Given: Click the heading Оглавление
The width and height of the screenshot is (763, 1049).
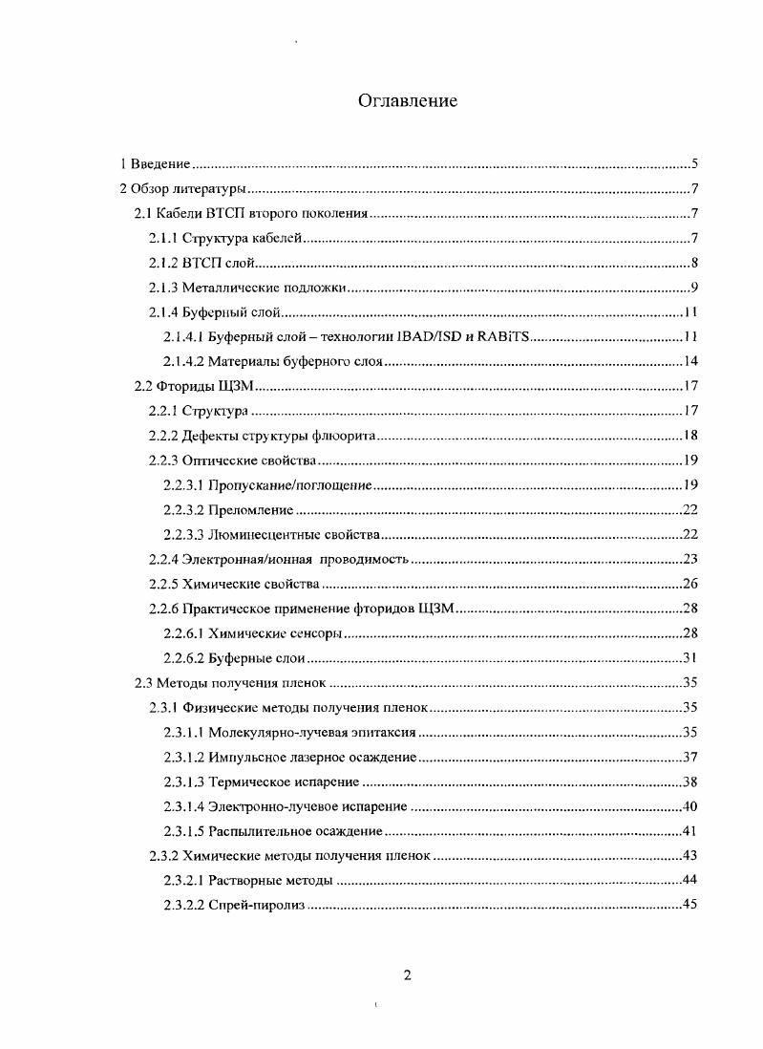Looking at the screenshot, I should point(408,100).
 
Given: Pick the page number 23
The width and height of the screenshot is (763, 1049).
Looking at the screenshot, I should point(691,560).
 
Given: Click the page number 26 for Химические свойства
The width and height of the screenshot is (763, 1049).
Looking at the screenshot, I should point(691,584).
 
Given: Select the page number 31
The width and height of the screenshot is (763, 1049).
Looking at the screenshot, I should point(691,658).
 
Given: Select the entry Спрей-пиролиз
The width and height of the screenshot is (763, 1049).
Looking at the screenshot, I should point(257,906).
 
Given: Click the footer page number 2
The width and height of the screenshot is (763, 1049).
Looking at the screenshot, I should point(408,975).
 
